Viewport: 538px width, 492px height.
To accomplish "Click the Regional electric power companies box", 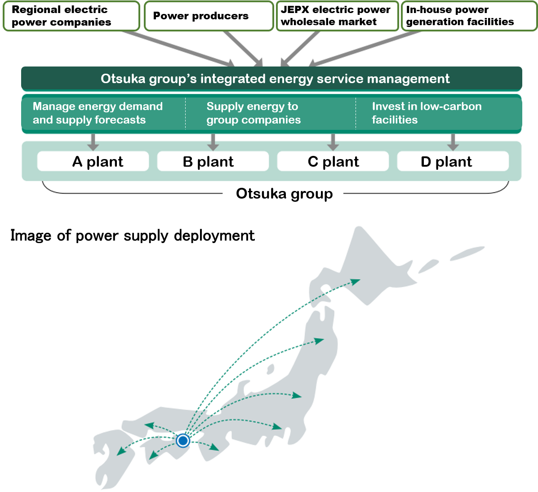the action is pyautogui.click(x=71, y=16).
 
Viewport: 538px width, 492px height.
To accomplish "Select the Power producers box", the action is pyautogui.click(x=209, y=16).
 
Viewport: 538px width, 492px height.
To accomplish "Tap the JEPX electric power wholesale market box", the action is pyautogui.click(x=337, y=16).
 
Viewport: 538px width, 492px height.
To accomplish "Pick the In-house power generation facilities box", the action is pyautogui.click(x=469, y=16).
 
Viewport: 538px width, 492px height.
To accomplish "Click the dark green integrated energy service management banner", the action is pyautogui.click(x=271, y=79).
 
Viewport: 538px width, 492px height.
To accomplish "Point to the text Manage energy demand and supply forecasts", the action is pyautogui.click(x=98, y=113).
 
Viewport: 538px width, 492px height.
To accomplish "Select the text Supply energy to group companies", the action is pyautogui.click(x=253, y=113).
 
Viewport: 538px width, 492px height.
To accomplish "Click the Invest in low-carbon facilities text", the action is pyautogui.click(x=427, y=113).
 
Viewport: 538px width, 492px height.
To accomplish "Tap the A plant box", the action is pyautogui.click(x=93, y=161).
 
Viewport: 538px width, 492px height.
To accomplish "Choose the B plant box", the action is pyautogui.click(x=213, y=161).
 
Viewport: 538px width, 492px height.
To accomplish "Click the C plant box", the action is pyautogui.click(x=333, y=161).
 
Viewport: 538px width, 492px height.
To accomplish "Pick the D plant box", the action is pyautogui.click(x=453, y=161).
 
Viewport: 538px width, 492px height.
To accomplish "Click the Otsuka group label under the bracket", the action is pyautogui.click(x=285, y=194).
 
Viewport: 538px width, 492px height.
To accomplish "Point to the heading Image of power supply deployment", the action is pyautogui.click(x=133, y=236).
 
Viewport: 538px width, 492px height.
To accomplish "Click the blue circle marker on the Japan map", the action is pyautogui.click(x=183, y=440).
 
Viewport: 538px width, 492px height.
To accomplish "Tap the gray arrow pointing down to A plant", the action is pyautogui.click(x=93, y=142).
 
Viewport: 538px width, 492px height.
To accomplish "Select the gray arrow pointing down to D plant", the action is pyautogui.click(x=453, y=142).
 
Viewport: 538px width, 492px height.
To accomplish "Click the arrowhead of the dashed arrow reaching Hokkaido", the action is pyautogui.click(x=356, y=282).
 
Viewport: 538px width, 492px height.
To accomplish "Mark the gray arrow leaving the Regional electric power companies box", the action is pyautogui.click(x=178, y=49).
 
